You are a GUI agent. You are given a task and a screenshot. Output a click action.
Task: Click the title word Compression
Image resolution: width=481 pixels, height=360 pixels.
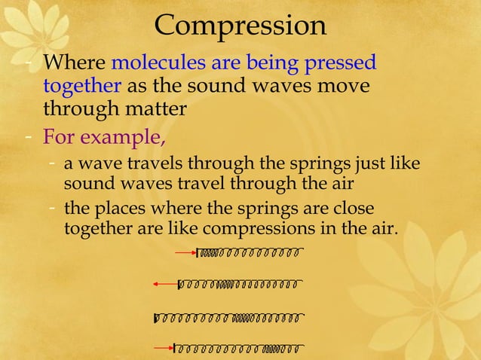point(240,26)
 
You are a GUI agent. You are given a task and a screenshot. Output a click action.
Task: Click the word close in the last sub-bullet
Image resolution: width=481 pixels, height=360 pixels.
point(351,208)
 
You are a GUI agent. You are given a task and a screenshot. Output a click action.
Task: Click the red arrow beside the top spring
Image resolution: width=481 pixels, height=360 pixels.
point(185,253)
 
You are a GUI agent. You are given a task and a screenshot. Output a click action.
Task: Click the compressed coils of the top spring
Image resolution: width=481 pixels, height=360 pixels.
point(210,252)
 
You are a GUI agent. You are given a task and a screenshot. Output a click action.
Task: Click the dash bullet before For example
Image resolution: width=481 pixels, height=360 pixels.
point(27,139)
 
